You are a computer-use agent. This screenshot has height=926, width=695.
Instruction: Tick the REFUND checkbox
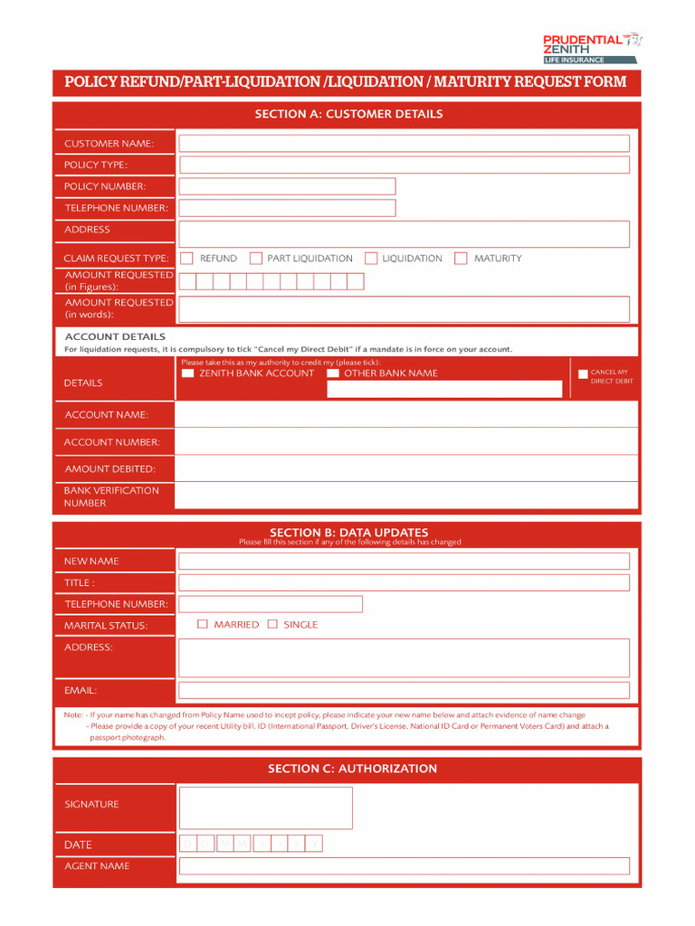[x=187, y=259]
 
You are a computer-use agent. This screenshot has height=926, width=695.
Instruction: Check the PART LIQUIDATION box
[x=256, y=259]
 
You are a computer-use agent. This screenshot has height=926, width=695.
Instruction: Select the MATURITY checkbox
[x=461, y=259]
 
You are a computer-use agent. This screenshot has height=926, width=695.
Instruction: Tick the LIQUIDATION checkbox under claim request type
[x=371, y=259]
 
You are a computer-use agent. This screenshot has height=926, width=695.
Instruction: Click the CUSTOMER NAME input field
[x=404, y=143]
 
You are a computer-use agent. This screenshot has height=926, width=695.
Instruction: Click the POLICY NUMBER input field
[x=287, y=186]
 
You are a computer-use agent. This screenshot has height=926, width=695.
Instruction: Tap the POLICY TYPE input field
[x=404, y=165]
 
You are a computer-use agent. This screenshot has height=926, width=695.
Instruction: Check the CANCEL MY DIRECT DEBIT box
[x=583, y=373]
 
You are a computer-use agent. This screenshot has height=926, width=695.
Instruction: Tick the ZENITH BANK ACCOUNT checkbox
[x=187, y=373]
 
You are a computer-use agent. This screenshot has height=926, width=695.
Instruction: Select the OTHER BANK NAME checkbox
[x=333, y=373]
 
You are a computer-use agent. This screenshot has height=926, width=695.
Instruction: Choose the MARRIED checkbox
[x=203, y=624]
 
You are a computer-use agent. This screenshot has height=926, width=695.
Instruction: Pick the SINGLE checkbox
[x=272, y=624]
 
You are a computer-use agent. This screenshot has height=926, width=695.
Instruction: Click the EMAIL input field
[x=404, y=690]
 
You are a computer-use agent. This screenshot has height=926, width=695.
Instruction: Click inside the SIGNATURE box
[x=265, y=808]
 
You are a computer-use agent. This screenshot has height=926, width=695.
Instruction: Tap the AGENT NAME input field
[x=404, y=865]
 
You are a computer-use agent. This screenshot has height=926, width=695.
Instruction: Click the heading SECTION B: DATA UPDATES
[x=348, y=533]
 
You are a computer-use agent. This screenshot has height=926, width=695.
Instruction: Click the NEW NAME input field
[x=404, y=561]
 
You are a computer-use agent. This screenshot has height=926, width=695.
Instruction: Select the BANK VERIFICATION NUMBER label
[x=111, y=496]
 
